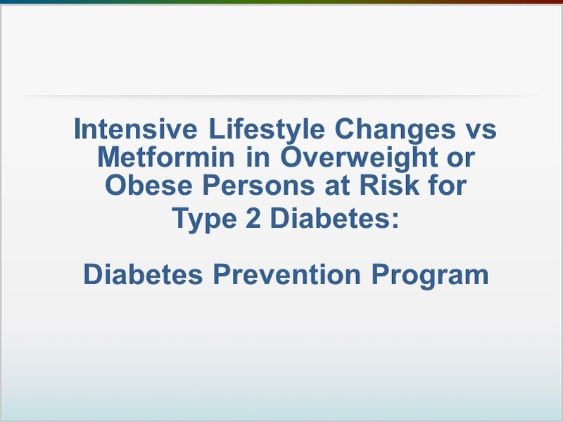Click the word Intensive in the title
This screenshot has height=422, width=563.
pos(135,129)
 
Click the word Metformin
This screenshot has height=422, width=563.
pos(166,157)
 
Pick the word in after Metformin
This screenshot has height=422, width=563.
pos(258,157)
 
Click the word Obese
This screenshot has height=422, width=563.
pos(148,185)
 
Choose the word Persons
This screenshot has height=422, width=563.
pos(258,185)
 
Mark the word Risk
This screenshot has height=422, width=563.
pos(390,185)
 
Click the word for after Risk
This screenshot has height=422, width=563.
pos(448,185)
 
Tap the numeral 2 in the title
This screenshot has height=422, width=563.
pos(253,217)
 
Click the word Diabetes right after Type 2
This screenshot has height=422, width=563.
pos(329,217)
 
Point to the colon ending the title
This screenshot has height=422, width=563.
pos(395,220)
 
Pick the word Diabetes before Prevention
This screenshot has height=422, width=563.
pos(144,274)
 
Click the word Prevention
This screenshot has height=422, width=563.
pos(287,274)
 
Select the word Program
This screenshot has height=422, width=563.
pos(430,276)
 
